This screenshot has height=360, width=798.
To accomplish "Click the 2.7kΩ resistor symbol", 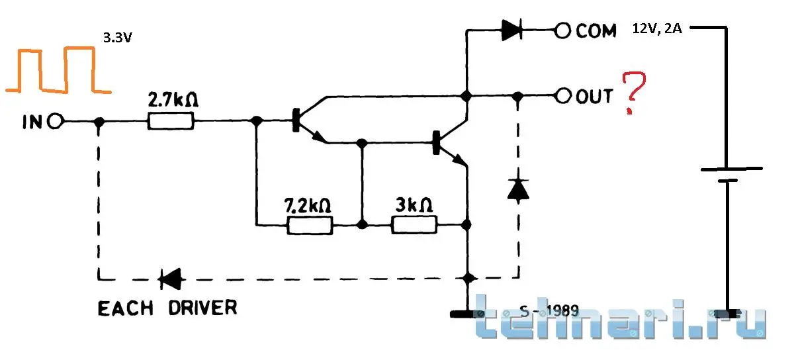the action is click(x=171, y=121).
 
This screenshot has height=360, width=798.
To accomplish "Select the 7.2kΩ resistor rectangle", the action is click(x=310, y=225).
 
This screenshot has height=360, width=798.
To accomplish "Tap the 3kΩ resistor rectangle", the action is click(x=414, y=225).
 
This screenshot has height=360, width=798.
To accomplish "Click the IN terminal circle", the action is click(x=56, y=121).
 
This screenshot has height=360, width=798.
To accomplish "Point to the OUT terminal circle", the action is click(x=563, y=96).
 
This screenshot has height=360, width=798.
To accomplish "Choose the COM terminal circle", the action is click(x=563, y=30).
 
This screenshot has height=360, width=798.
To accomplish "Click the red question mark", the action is click(x=633, y=93).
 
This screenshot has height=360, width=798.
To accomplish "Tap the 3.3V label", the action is click(x=118, y=38).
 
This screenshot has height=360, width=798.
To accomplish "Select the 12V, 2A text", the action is click(x=657, y=28).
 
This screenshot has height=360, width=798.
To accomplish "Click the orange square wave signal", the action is click(x=58, y=70).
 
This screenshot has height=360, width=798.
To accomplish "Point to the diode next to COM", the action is click(x=512, y=30).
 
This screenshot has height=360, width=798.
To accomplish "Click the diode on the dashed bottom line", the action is click(x=171, y=279).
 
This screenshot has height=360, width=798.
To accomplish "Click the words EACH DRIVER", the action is click(x=167, y=308).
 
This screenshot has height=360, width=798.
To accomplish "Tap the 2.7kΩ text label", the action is click(x=173, y=100).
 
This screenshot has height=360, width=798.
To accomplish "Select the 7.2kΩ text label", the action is click(x=308, y=206).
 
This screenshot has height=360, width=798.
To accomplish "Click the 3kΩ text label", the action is click(x=414, y=205).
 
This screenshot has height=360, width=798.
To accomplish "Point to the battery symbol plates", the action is click(x=731, y=175).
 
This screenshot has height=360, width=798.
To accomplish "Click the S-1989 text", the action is click(x=549, y=311).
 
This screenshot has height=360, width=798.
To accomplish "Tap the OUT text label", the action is click(x=595, y=96).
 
